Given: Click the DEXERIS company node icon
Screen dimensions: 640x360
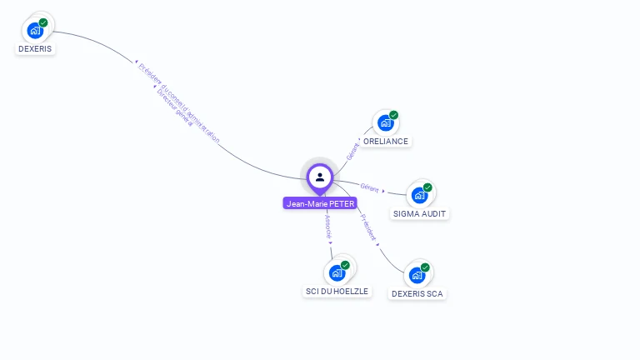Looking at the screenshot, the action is [35, 30].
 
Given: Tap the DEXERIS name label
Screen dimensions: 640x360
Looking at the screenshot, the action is [35, 49].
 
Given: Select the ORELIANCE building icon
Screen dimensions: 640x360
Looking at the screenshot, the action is [385, 123].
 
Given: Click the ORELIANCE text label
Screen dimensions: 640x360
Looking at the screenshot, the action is [386, 142].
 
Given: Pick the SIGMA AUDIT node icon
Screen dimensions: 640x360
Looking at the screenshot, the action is [419, 196].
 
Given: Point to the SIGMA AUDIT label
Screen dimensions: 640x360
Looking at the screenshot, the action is [420, 214].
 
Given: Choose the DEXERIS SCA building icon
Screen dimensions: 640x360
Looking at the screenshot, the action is [417, 275].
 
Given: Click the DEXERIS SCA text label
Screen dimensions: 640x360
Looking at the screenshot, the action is [417, 294].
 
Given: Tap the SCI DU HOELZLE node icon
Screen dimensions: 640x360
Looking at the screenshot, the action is [337, 272].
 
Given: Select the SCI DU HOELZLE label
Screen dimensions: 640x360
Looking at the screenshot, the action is [337, 292].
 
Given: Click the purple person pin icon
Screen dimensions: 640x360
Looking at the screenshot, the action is [320, 177].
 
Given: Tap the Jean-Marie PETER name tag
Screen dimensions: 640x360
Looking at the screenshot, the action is [320, 203].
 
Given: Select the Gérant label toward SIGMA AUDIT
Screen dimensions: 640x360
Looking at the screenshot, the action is [370, 188].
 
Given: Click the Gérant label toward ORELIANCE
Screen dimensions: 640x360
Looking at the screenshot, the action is [352, 150].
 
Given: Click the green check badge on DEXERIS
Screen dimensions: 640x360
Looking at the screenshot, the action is [43, 22].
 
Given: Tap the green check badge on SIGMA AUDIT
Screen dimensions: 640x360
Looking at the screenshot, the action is [427, 187].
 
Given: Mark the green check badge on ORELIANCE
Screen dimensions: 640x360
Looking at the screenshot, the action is [393, 115].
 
